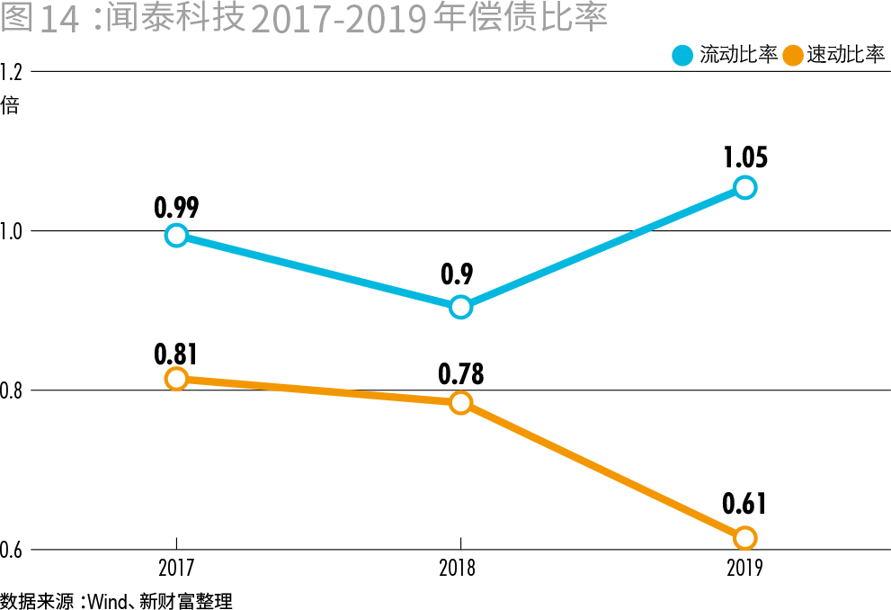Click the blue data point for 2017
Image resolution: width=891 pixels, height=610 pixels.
point(176,236)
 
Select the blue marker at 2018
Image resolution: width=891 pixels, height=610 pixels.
point(460,307)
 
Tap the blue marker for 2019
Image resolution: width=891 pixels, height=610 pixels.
point(744,187)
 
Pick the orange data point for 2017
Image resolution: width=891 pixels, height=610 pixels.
point(176,379)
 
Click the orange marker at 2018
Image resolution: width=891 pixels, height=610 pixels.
point(460,402)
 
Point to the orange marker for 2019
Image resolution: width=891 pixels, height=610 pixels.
point(744,538)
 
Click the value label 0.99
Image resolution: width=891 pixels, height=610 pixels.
point(176,208)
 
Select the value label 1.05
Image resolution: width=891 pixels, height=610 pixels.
point(745,158)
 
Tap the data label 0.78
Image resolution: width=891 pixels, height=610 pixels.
point(460,372)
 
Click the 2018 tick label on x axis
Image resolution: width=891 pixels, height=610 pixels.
point(458,569)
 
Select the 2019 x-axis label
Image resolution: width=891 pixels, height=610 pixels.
point(744,569)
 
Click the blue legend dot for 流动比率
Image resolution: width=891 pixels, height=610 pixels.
point(683,55)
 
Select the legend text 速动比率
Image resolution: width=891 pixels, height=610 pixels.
point(846,55)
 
